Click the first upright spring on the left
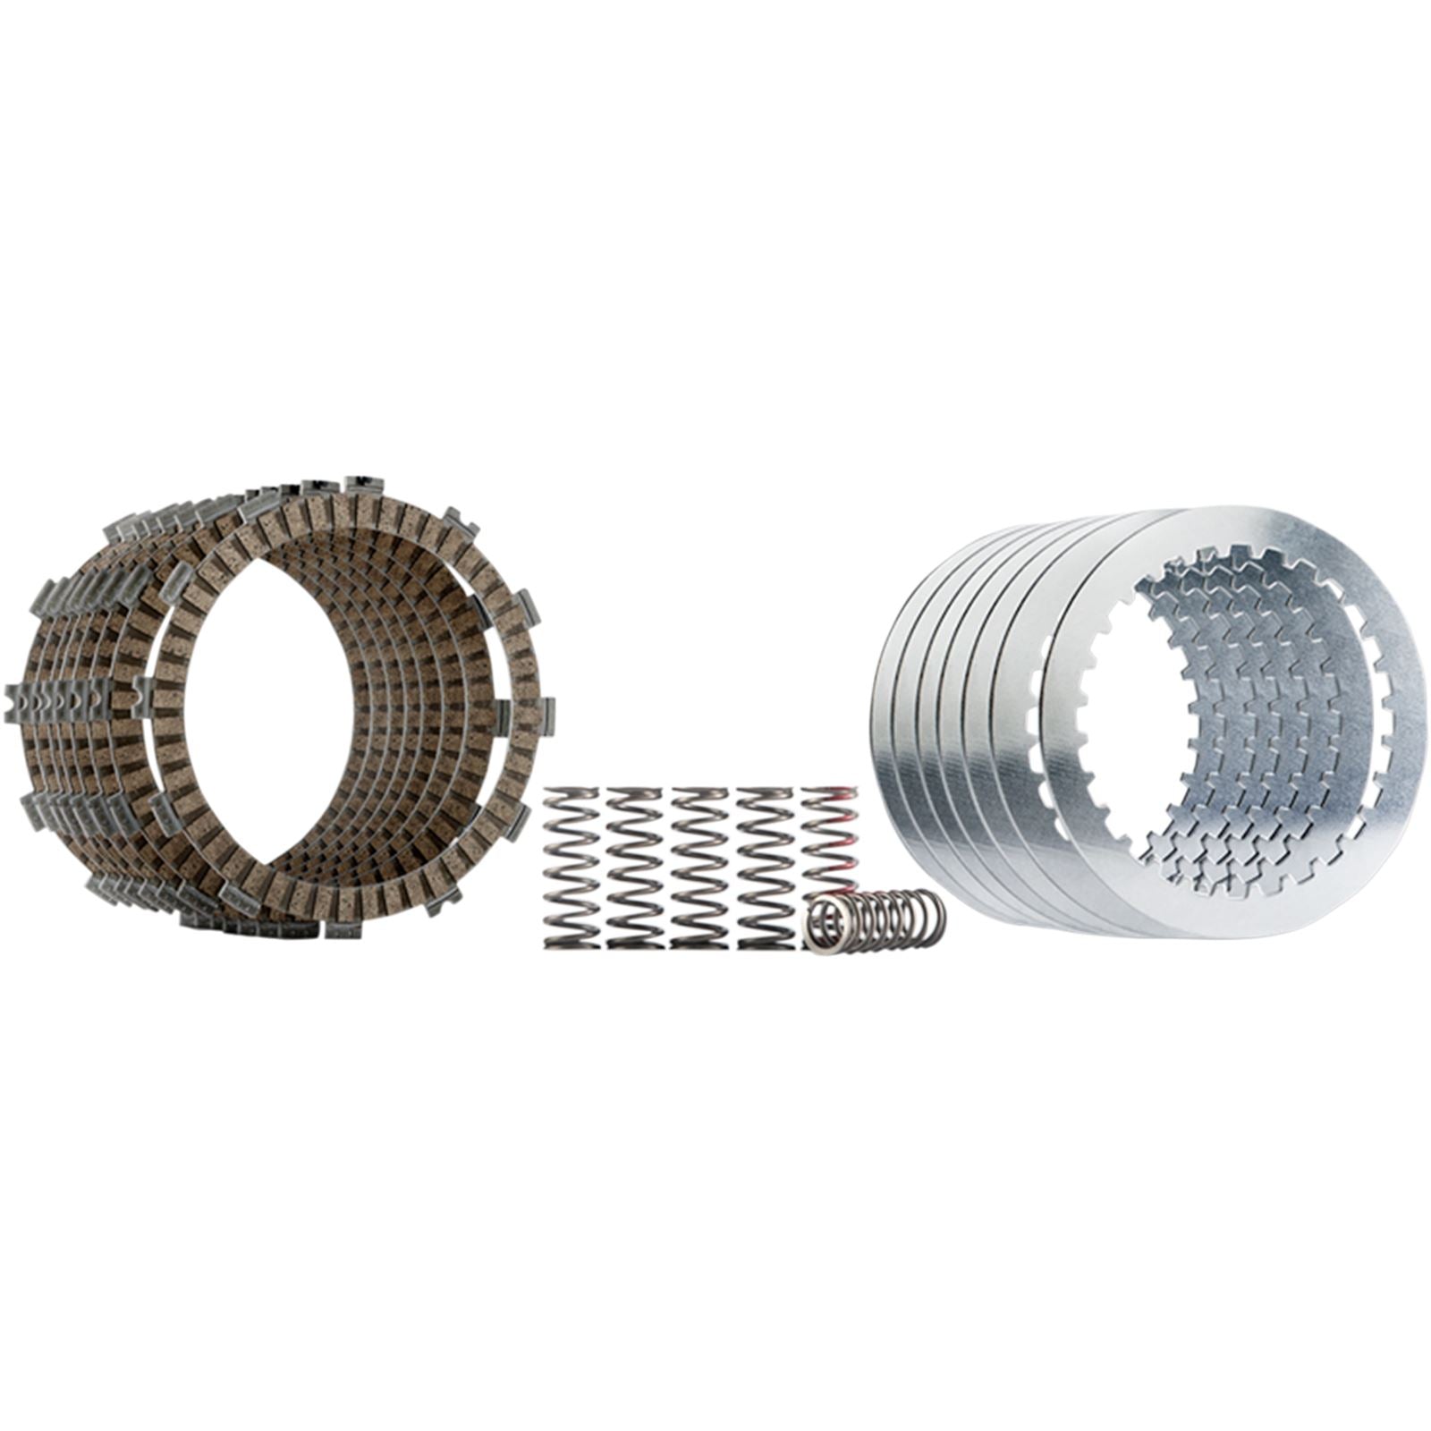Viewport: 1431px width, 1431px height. pos(572,867)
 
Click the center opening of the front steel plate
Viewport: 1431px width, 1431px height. pos(1243,715)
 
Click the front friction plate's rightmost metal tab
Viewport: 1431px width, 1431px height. pos(545,716)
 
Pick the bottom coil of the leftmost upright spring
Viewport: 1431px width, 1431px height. pos(572,941)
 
